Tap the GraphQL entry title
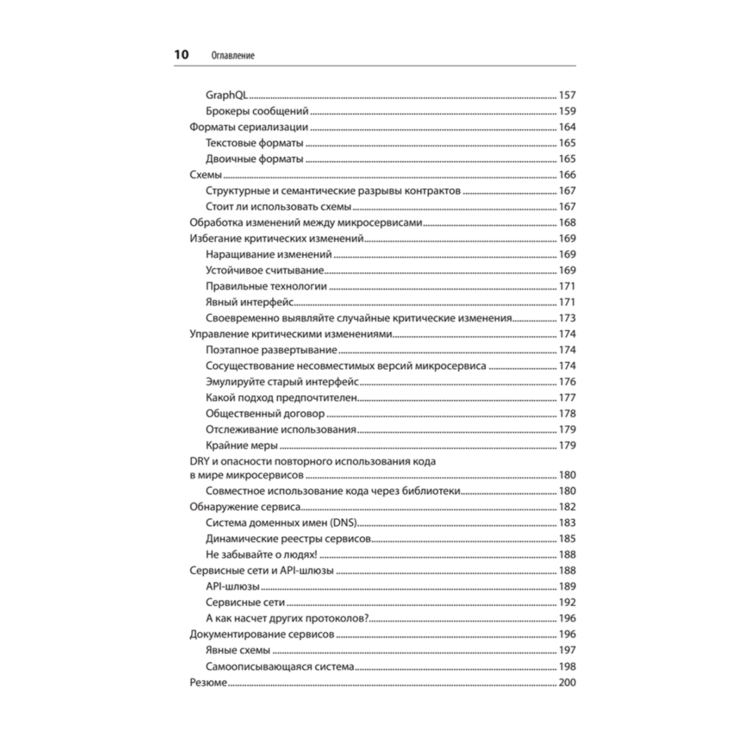click(227, 95)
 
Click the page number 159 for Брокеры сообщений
click(567, 111)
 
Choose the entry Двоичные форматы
click(253, 159)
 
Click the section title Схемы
click(204, 175)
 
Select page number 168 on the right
click(567, 223)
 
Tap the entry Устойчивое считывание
click(264, 270)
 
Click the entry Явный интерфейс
click(248, 302)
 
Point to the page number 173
click(567, 318)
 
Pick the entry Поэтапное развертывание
click(270, 350)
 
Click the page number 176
click(567, 382)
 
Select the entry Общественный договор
click(264, 414)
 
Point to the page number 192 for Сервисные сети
click(567, 603)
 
